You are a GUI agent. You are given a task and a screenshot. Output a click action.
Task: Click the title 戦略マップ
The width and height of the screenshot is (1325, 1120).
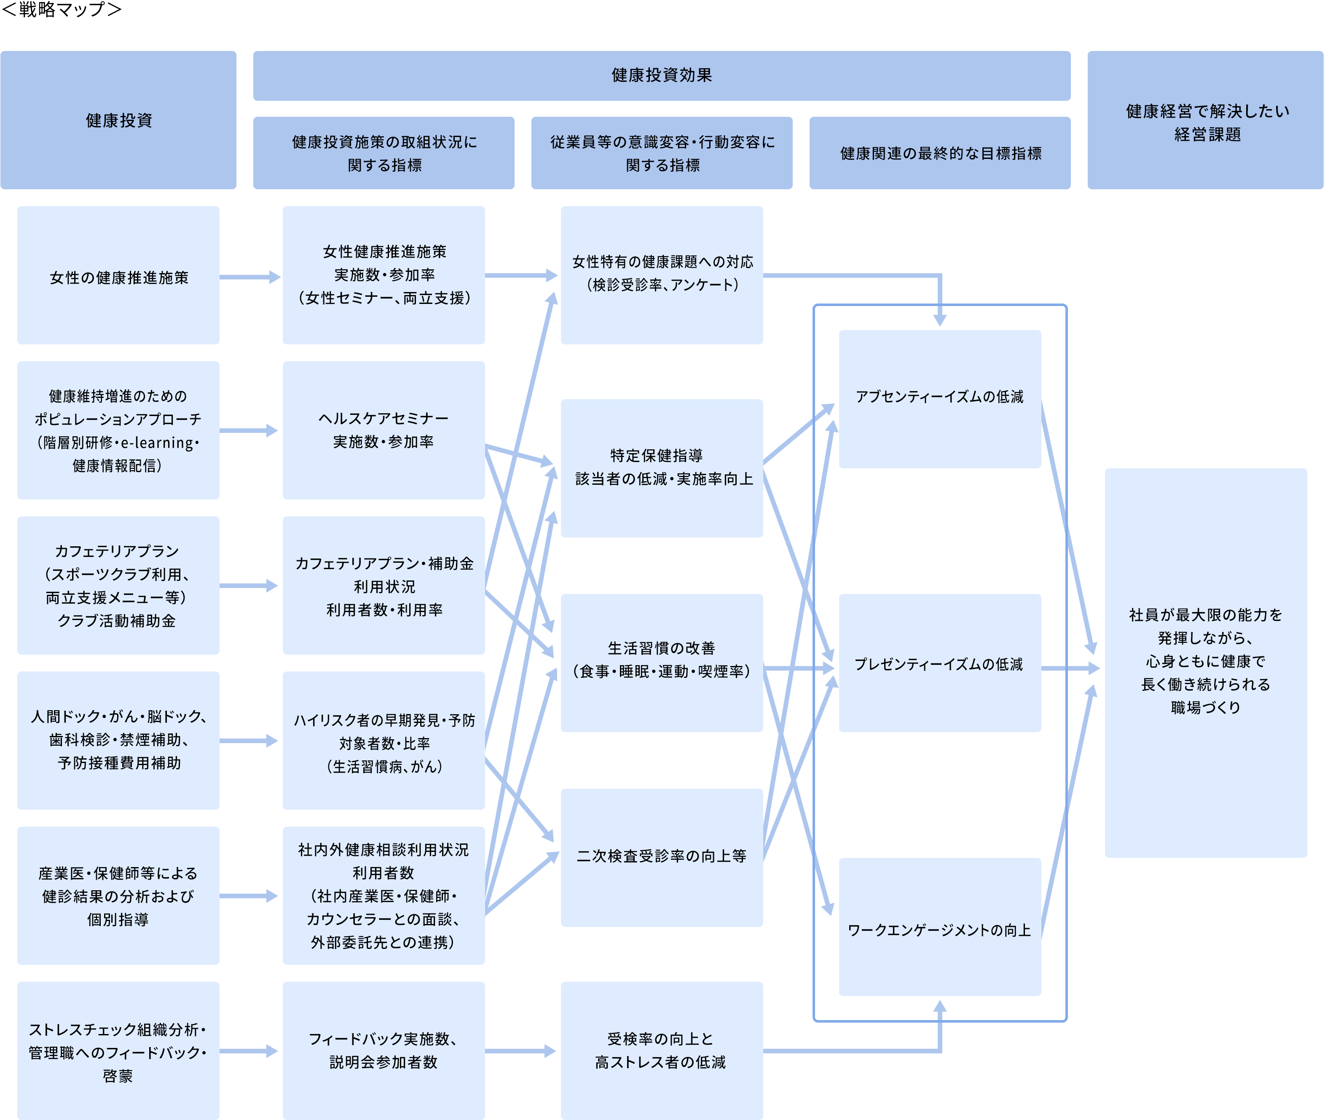[x=62, y=10]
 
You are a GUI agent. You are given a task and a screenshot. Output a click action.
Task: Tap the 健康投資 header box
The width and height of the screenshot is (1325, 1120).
[x=119, y=120]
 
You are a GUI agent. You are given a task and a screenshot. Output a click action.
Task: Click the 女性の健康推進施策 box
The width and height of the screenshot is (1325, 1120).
[x=119, y=277]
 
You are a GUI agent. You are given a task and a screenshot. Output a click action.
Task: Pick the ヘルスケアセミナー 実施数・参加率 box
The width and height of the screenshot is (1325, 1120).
[x=384, y=430]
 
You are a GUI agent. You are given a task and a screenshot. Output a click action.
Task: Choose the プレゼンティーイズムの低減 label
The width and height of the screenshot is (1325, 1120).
[x=939, y=664]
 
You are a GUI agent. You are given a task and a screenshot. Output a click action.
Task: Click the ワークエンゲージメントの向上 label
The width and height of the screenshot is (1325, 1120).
[x=939, y=930]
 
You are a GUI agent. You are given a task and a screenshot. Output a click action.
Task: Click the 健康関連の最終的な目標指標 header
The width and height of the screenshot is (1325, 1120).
[x=940, y=153]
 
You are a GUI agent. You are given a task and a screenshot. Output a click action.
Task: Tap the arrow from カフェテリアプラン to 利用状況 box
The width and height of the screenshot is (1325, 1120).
[x=249, y=586]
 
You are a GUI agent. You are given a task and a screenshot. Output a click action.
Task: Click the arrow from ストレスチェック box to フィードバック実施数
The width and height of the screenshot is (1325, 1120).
[x=249, y=1051]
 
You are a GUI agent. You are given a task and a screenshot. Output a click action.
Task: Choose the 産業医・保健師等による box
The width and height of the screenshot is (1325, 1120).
[x=119, y=895]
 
